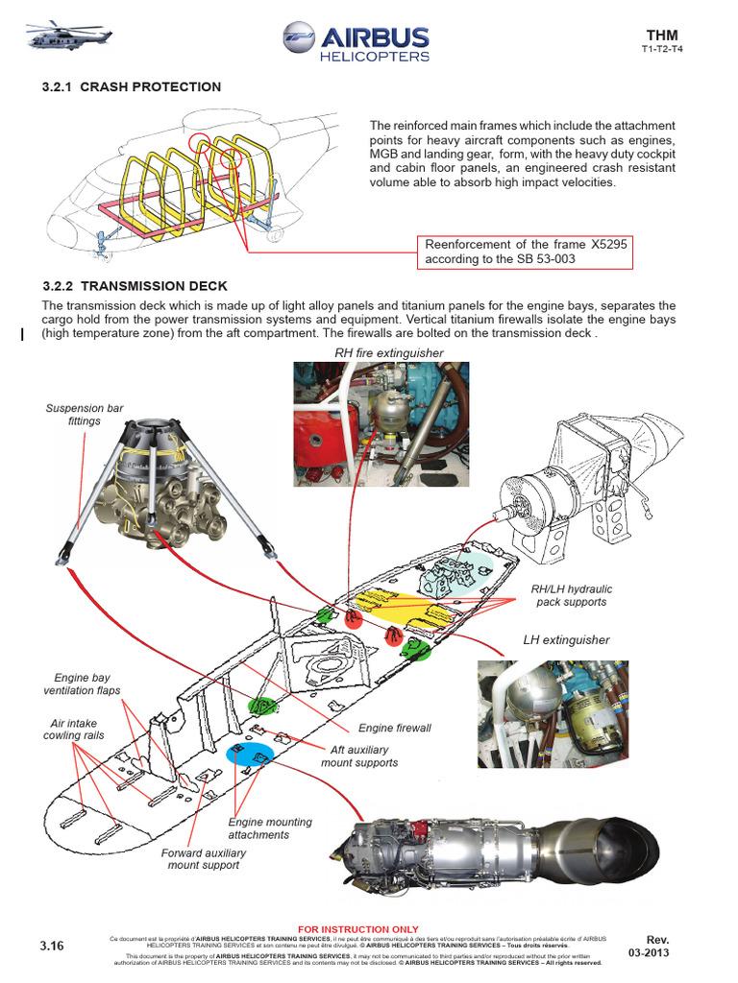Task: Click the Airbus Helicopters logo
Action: coord(357,43)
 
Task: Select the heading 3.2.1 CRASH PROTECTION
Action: coord(132,87)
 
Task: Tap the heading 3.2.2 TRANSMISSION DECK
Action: coord(135,286)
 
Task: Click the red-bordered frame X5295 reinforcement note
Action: coord(526,252)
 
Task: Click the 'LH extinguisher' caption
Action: coord(566,639)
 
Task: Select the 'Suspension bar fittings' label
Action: coord(85,415)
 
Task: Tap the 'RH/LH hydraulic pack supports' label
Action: coord(571,595)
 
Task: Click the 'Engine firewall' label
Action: coord(394,729)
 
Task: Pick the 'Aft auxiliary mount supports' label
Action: coord(359,755)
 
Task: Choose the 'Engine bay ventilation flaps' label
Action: coord(82,683)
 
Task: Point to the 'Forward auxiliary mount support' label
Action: coord(204,858)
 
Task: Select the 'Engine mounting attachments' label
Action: coord(270,828)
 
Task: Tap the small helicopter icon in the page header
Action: coord(58,38)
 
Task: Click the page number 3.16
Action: coord(52,946)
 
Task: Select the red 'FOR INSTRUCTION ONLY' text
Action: coord(357,929)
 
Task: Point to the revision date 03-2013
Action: coord(649,952)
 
